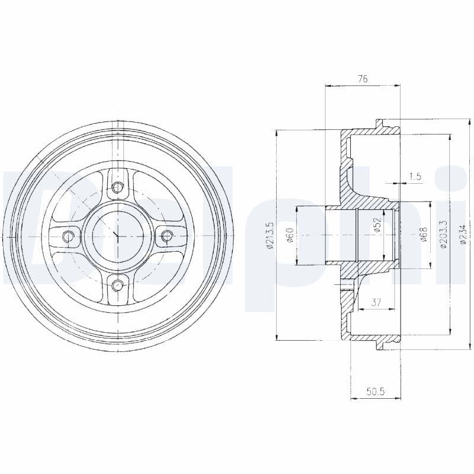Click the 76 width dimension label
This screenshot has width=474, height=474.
tap(363, 78)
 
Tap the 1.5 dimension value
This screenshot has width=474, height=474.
tap(415, 176)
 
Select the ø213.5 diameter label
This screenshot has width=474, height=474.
tap(270, 236)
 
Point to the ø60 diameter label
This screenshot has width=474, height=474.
tap(290, 235)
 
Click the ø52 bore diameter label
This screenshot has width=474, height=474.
tap(377, 225)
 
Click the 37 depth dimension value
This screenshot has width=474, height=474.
tap(376, 303)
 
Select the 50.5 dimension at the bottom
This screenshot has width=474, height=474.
tap(375, 392)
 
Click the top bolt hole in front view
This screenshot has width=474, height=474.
tap(117, 188)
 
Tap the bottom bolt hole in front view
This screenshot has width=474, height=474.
tap(117, 286)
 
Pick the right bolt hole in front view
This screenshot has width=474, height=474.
tap(166, 237)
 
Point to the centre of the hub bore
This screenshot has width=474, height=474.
tap(117, 237)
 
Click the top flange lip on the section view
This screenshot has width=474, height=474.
tap(386, 124)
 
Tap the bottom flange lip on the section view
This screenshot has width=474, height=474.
tap(386, 344)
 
